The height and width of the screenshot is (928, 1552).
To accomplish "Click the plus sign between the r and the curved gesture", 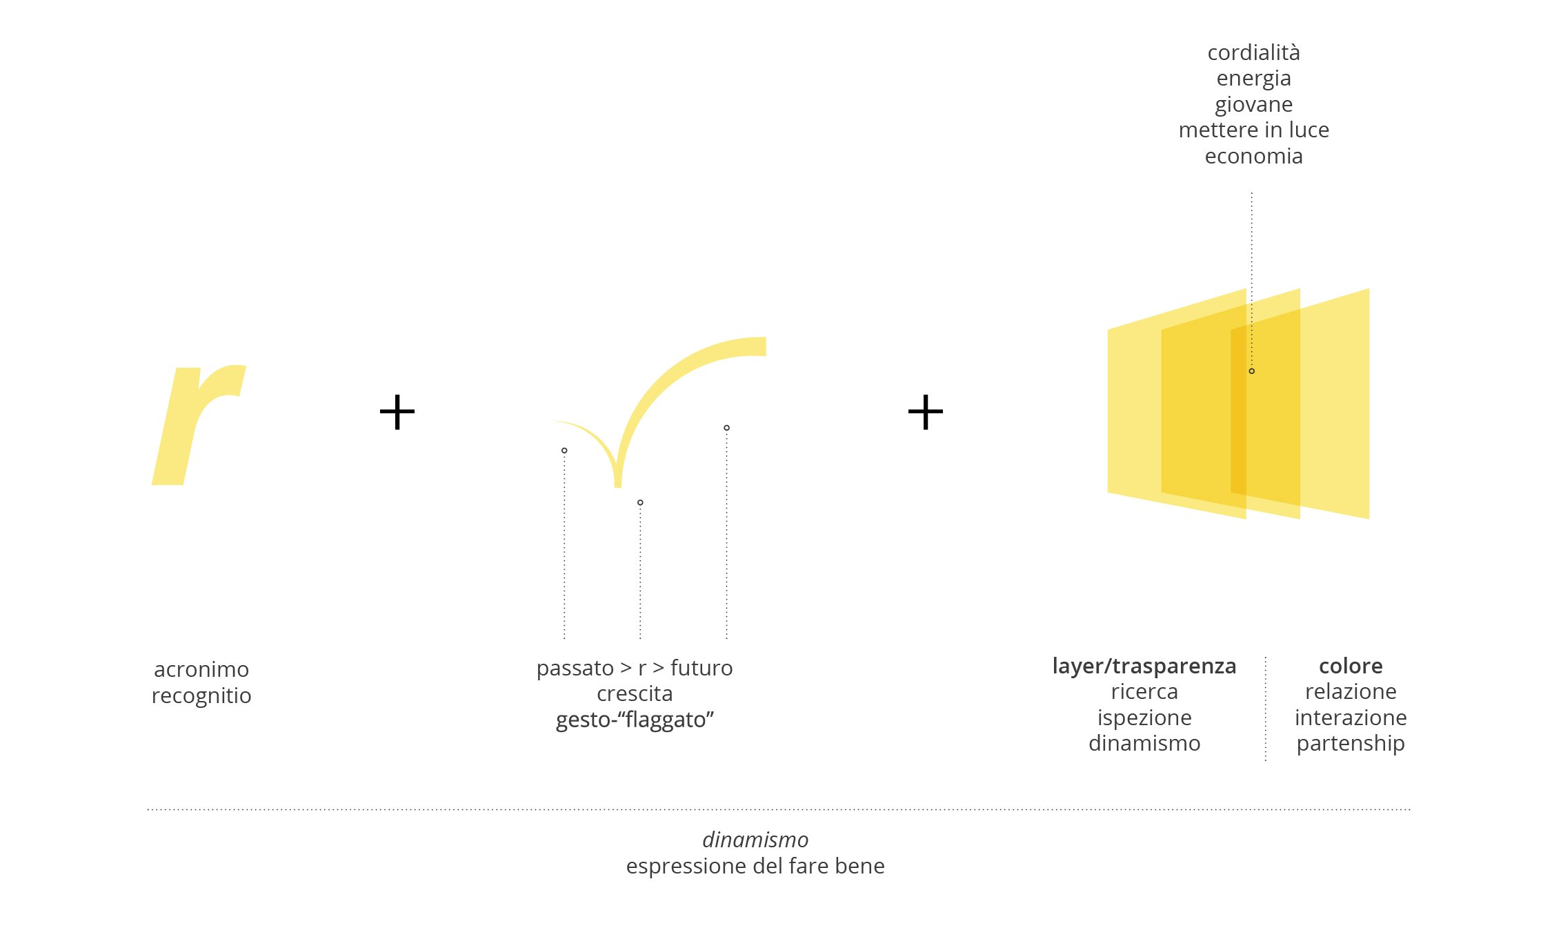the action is [397, 413].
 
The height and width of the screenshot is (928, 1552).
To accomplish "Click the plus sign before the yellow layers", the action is [926, 413].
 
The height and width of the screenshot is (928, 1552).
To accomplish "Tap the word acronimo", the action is [201, 669].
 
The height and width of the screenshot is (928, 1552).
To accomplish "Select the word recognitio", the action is [201, 695].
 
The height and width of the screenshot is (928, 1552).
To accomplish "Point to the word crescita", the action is [635, 693].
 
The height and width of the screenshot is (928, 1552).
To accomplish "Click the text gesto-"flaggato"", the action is [635, 720].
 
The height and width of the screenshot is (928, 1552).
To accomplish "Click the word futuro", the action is [702, 668].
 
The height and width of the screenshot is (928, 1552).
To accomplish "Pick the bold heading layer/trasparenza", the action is [1144, 666].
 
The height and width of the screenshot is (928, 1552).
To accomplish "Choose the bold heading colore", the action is [1351, 666].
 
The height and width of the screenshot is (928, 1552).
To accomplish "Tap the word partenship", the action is [1351, 744].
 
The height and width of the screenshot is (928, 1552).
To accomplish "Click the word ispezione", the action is [1144, 718].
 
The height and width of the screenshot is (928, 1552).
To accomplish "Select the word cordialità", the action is [1254, 52].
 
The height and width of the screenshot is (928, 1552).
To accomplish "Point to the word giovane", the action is [1254, 105].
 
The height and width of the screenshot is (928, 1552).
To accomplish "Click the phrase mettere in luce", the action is [1254, 130].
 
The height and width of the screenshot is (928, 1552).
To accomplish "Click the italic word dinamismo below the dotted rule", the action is [755, 840].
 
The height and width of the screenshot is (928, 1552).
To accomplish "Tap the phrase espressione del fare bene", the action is [755, 866].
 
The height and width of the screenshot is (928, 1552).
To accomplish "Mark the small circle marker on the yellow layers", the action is [1252, 371].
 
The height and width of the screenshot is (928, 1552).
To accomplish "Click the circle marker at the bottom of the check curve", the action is [640, 502].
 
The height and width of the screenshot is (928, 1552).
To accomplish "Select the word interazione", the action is [1351, 718].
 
